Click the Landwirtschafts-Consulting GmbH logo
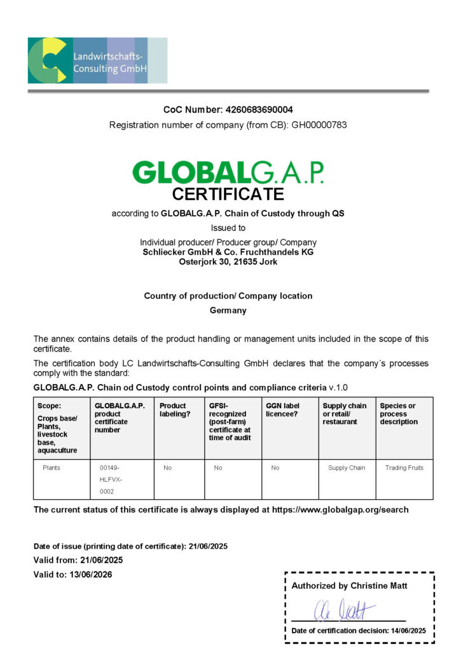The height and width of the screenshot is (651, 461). (x=97, y=60)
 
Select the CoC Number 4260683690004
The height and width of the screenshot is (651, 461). (x=255, y=109)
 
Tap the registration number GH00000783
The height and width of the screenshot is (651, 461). (x=319, y=125)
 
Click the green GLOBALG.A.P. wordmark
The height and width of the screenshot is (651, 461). (x=228, y=172)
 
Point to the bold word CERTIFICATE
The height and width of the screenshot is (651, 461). (x=228, y=194)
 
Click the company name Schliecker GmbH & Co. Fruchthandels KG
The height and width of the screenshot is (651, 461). (x=228, y=252)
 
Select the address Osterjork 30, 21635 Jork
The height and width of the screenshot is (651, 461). (x=228, y=261)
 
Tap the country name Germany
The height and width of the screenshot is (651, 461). (x=228, y=311)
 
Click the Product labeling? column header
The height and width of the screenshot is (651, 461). (x=173, y=409)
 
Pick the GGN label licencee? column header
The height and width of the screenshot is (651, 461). (x=282, y=409)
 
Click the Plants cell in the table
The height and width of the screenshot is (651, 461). (x=52, y=468)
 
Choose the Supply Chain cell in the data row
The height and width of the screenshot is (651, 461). (x=347, y=468)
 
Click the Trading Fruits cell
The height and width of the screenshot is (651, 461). (x=404, y=468)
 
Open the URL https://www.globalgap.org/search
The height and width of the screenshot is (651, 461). (x=340, y=510)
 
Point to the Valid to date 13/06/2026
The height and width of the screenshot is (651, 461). (x=86, y=574)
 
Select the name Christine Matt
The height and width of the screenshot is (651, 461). (x=378, y=586)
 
